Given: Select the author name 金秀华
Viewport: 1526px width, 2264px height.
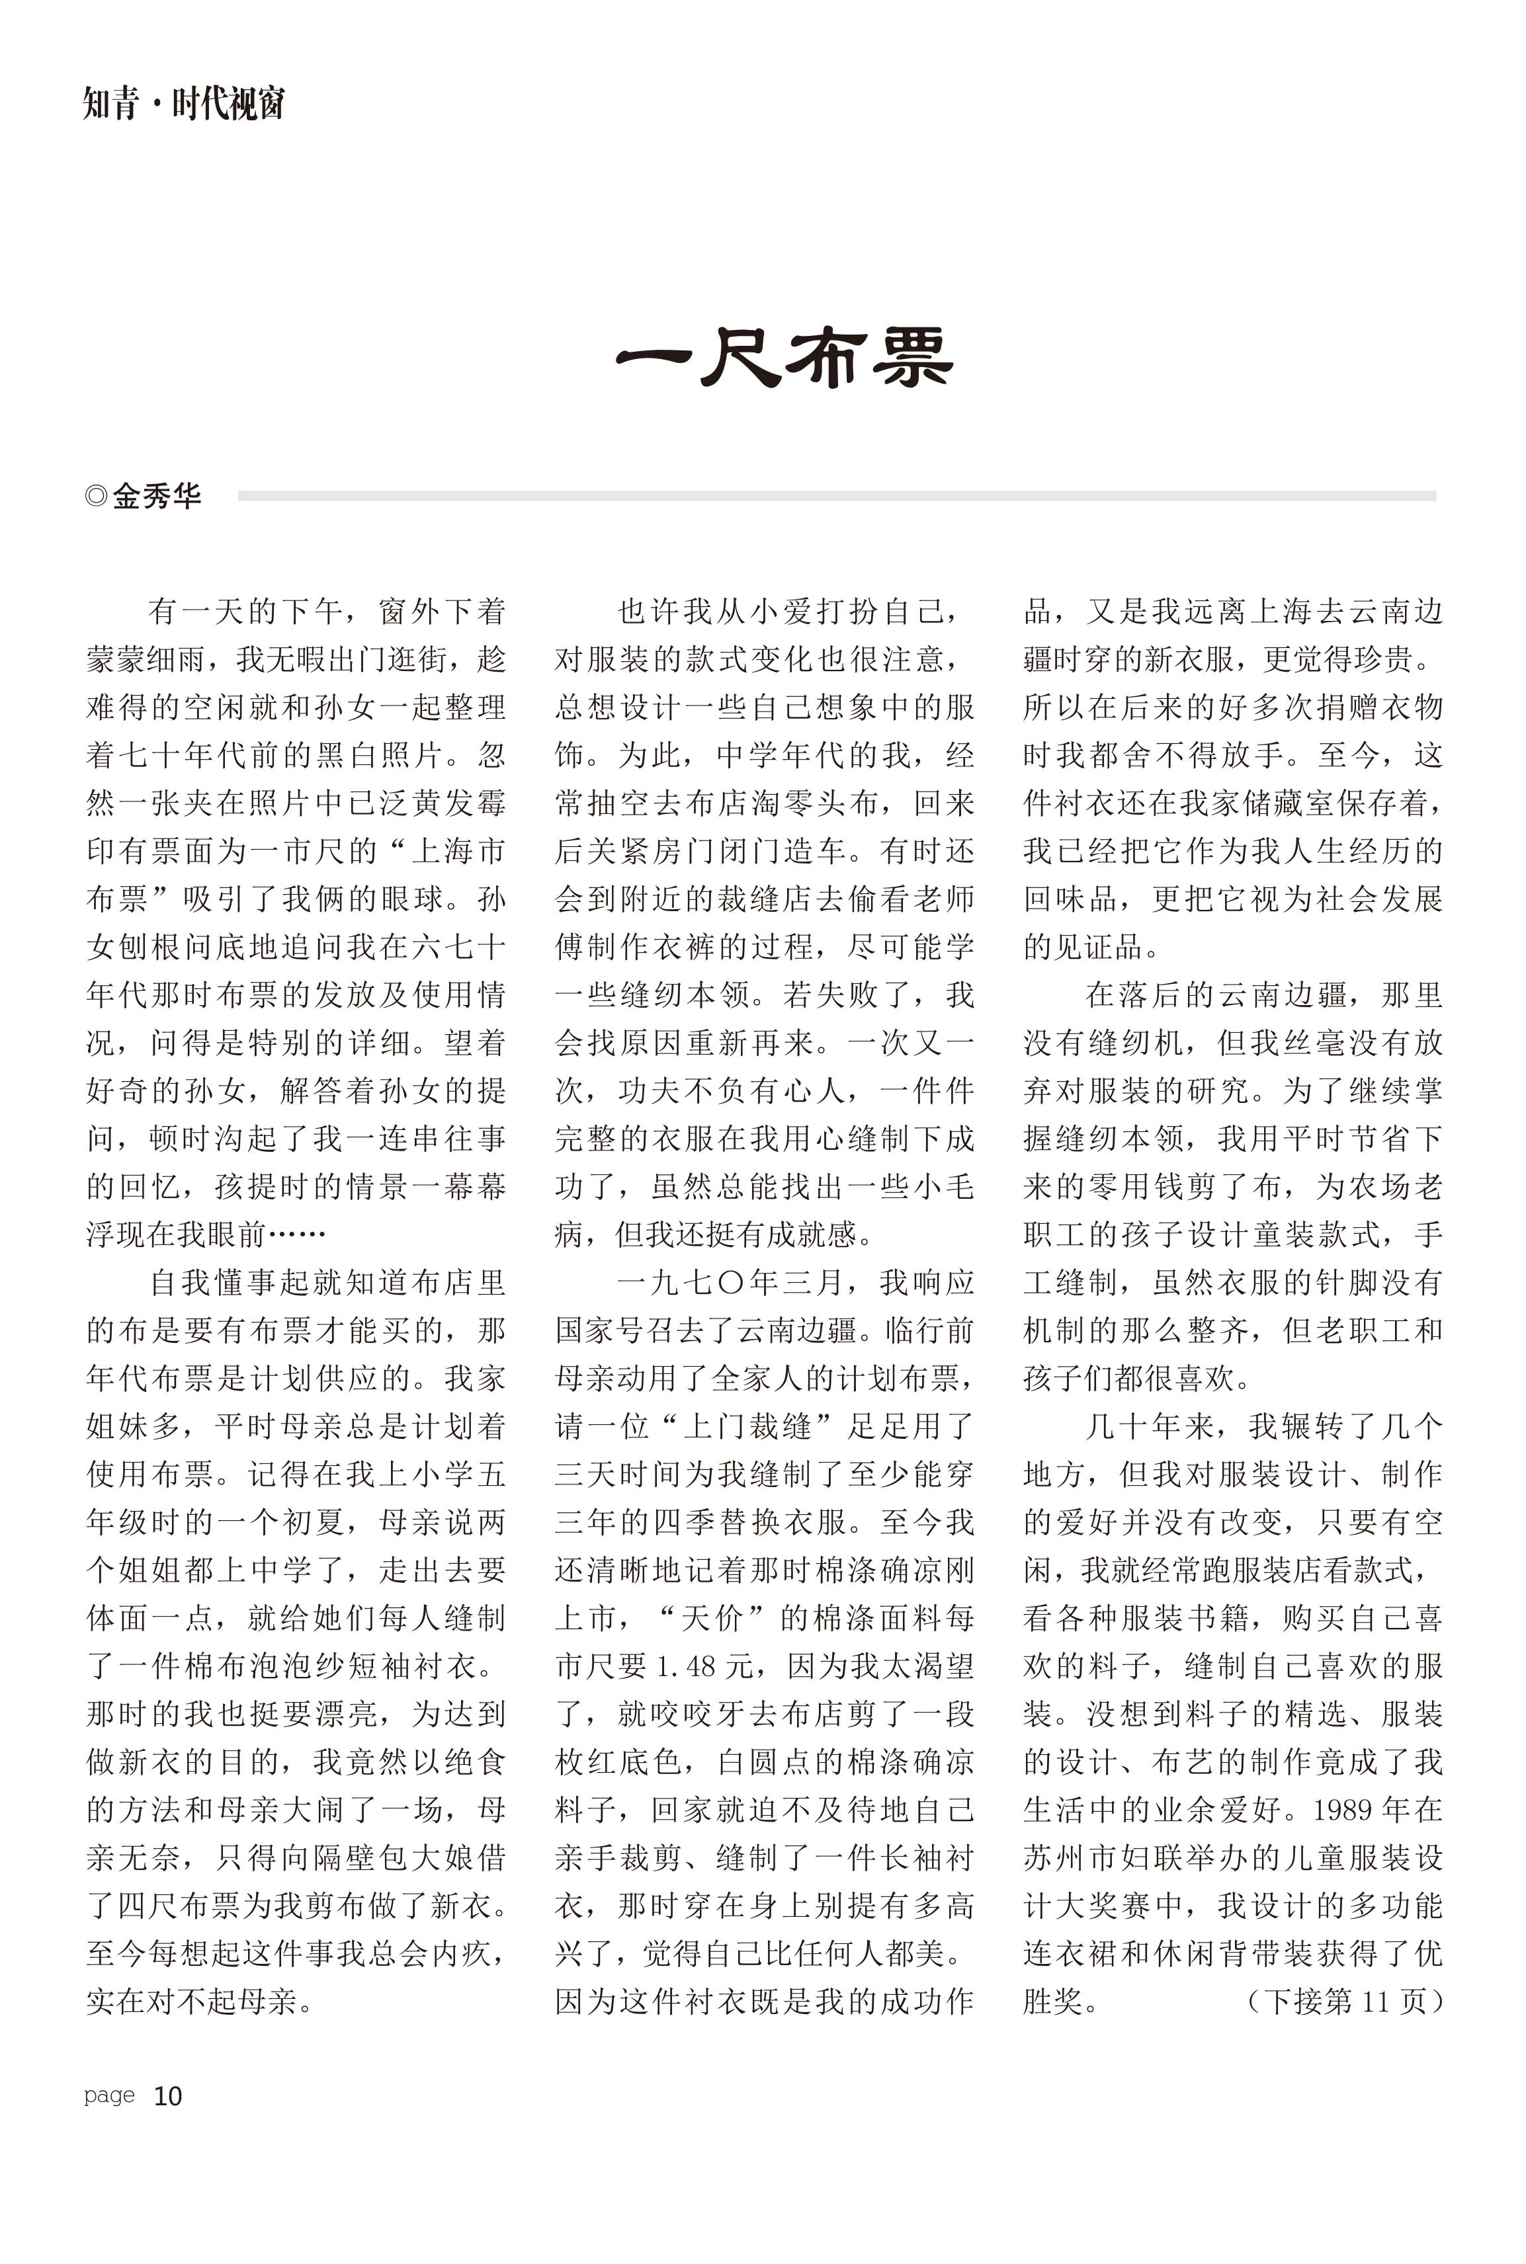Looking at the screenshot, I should coord(157,496).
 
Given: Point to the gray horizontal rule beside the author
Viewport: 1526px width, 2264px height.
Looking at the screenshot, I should coord(837,495).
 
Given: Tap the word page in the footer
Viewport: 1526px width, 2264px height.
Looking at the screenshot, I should coord(109,2095).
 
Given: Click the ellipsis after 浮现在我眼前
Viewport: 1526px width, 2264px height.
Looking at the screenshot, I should coord(297,1234).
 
